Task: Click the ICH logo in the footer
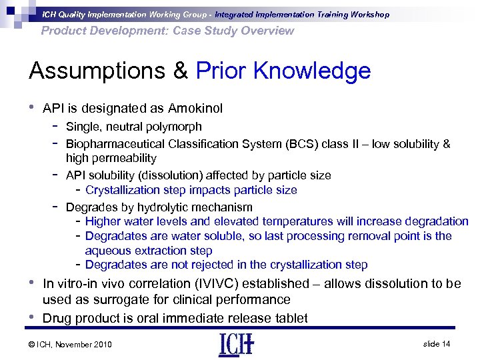(237, 344)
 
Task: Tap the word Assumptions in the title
(105, 71)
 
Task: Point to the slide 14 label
(437, 343)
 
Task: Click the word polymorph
(175, 127)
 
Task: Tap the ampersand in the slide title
(179, 71)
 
